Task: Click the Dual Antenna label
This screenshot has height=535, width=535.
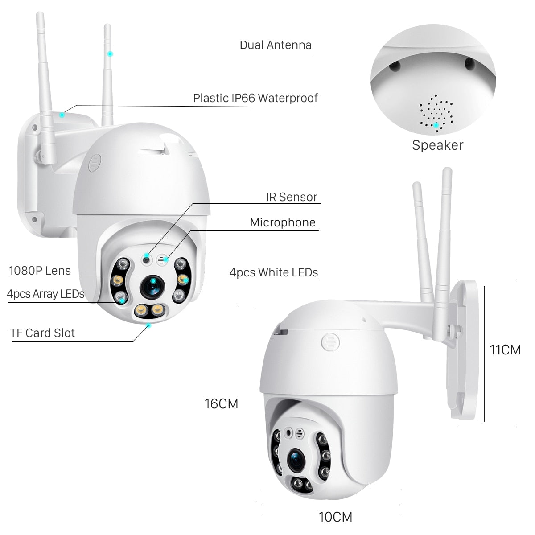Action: click(276, 45)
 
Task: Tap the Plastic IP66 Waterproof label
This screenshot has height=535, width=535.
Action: click(255, 98)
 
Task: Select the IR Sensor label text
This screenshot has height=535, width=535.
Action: click(292, 197)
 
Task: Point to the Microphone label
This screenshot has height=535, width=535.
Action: click(283, 222)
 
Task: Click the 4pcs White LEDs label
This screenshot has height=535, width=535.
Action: click(274, 272)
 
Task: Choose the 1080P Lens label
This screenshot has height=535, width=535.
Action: click(40, 271)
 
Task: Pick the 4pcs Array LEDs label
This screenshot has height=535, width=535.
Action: click(45, 294)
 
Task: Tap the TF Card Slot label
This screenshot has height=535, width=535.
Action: click(43, 333)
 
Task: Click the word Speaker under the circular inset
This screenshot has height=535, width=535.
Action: click(437, 145)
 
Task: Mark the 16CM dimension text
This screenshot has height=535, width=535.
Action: click(221, 404)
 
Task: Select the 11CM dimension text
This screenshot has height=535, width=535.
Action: click(505, 350)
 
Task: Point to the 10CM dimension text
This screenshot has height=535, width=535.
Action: click(335, 517)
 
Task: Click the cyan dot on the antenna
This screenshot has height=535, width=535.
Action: click(110, 53)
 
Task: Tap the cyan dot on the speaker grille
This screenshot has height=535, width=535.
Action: click(436, 125)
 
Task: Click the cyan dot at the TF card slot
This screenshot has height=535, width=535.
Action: click(149, 325)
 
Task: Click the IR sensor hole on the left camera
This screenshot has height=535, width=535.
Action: click(147, 258)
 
